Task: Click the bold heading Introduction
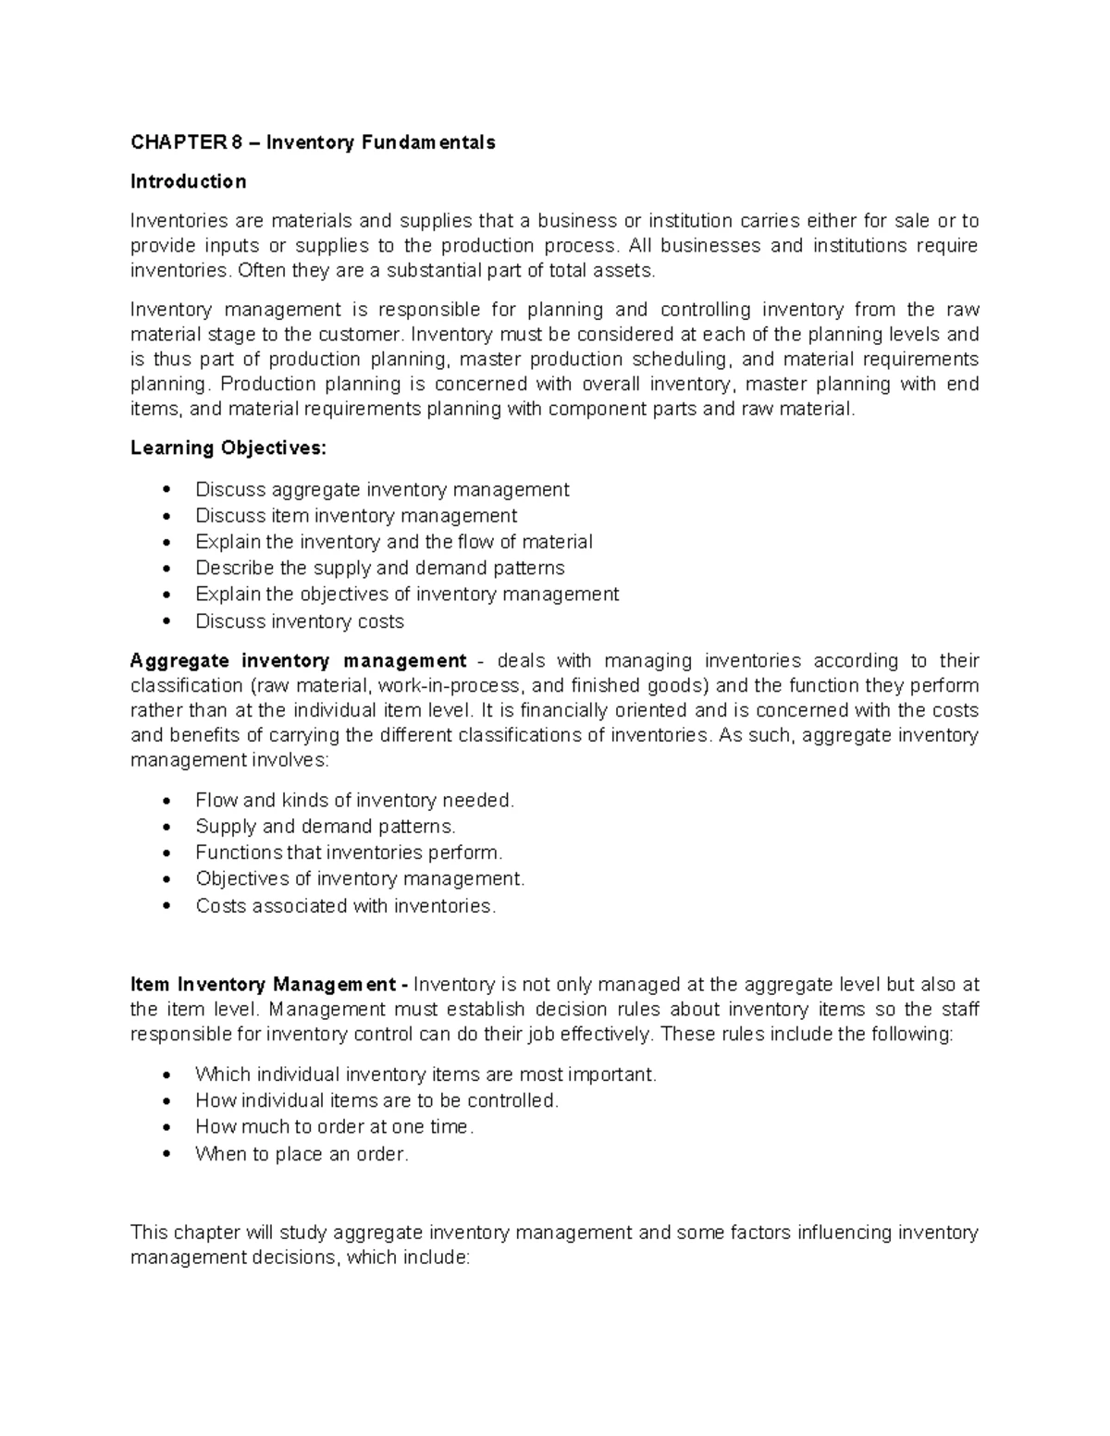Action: [x=188, y=181]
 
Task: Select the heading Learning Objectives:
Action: [x=228, y=448]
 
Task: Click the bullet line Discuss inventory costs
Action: [x=299, y=621]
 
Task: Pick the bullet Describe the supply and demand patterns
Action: [x=379, y=568]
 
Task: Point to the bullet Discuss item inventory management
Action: [x=355, y=515]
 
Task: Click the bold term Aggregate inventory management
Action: [x=298, y=661]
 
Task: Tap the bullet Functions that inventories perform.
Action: [x=349, y=853]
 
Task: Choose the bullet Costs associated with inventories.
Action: [x=345, y=906]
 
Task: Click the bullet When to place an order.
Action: [x=302, y=1154]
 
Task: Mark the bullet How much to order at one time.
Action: [x=334, y=1127]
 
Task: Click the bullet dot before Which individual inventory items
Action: [x=166, y=1075]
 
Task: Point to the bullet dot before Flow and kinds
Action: [x=166, y=801]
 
